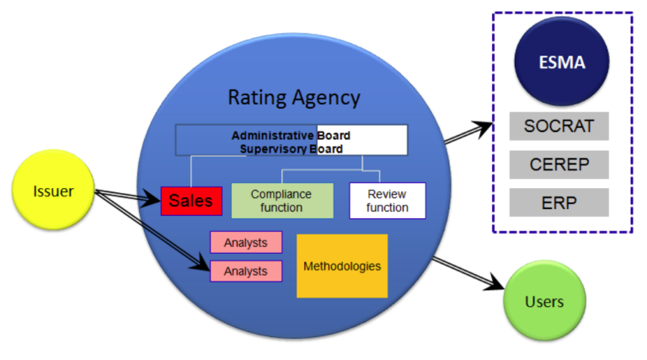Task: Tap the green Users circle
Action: [544, 301]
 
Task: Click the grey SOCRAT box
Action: [559, 126]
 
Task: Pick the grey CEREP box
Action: [559, 164]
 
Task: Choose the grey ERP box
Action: [559, 202]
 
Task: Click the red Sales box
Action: [192, 201]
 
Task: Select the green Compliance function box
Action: [281, 201]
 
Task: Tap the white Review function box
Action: [388, 201]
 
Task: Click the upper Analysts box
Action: [246, 243]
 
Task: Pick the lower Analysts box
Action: [246, 271]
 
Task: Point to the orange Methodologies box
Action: [342, 266]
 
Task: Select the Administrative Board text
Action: [291, 135]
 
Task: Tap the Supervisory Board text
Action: [291, 148]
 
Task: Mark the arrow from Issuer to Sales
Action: [126, 196]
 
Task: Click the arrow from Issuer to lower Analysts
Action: [152, 231]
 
